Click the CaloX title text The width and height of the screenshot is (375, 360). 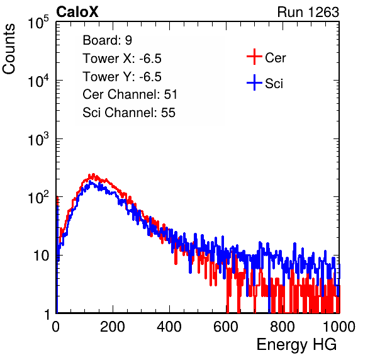pos(77,12)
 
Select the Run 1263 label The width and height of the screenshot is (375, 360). pos(308,12)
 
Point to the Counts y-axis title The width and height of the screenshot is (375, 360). pos(9,49)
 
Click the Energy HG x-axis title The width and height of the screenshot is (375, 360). pos(296,345)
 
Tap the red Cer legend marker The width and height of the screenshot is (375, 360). pos(254,57)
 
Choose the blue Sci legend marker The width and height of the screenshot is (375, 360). pos(254,82)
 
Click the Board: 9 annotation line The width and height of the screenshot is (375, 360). pos(108,40)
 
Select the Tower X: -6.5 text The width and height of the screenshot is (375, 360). pos(122,59)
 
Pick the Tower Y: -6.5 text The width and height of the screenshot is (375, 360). pos(122,77)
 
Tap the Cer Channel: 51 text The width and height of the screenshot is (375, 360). pos(130,94)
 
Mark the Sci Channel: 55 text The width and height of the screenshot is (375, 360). pos(129,113)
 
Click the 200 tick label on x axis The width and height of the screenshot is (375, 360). pos(113,327)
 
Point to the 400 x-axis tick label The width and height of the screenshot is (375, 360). pos(169,327)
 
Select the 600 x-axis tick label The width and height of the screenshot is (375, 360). pos(226,327)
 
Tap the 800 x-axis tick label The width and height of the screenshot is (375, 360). pos(283,327)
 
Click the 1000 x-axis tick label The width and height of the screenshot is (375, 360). pos(339,327)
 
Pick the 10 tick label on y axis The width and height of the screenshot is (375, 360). pos(41,256)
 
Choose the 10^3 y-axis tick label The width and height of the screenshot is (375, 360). pos(38,139)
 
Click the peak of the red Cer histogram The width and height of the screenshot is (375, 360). pos(93,174)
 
